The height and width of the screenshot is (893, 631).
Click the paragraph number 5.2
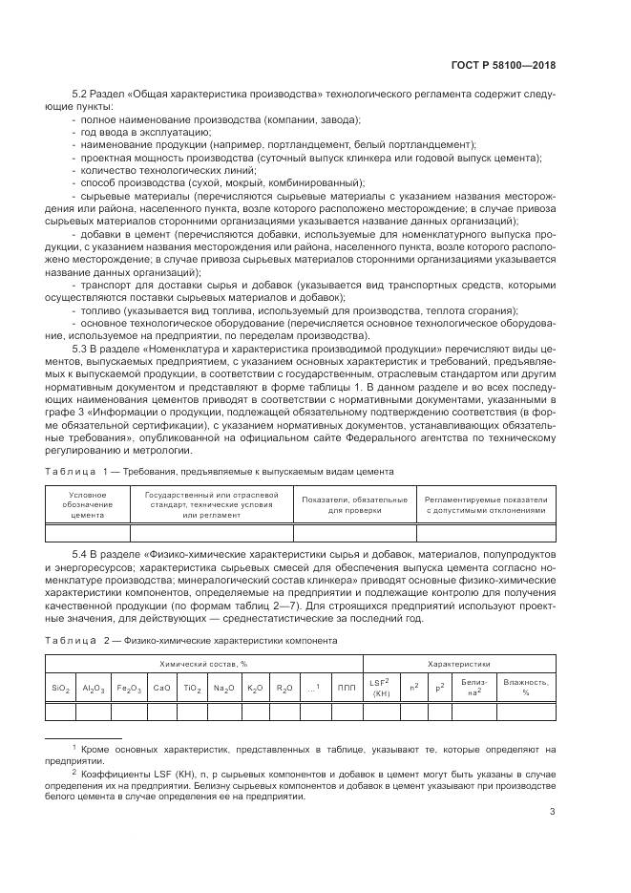tap(80, 94)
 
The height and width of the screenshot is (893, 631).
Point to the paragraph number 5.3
tap(80, 349)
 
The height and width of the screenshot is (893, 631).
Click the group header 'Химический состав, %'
tap(203, 663)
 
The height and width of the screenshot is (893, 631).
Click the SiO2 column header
tap(60, 687)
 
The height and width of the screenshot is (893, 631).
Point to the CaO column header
tap(162, 687)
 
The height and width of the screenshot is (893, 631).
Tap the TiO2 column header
tap(194, 687)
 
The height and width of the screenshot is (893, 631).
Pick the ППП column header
tap(346, 687)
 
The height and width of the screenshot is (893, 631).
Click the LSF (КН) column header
tap(381, 687)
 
